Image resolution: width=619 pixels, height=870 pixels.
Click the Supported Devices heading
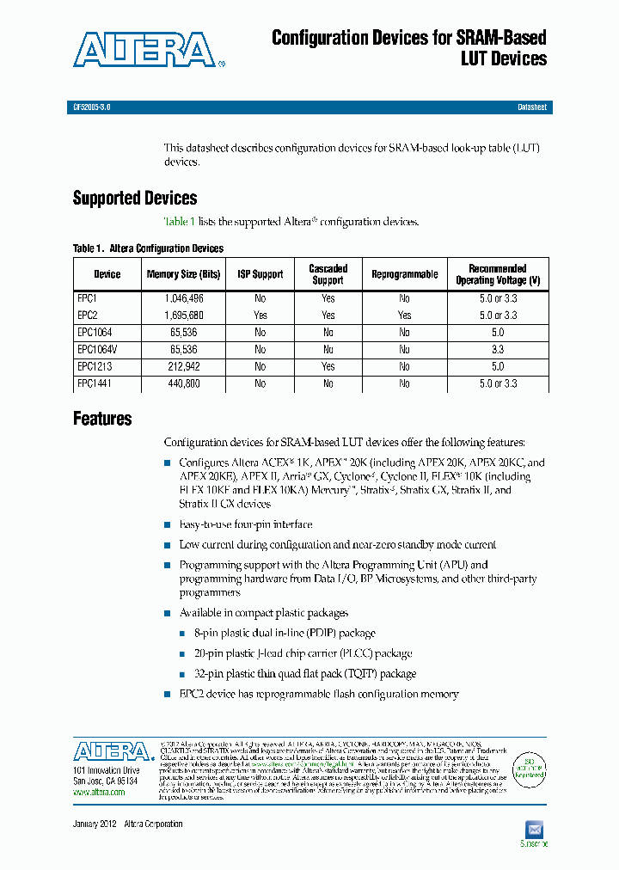[x=135, y=199]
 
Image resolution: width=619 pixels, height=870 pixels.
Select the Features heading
[x=102, y=419]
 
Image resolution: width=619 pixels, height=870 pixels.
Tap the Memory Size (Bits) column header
[x=182, y=274]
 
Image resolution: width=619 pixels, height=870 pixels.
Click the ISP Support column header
[x=260, y=274]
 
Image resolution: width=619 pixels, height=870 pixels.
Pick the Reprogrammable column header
[x=404, y=274]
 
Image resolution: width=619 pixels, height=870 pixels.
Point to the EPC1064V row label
[x=96, y=350]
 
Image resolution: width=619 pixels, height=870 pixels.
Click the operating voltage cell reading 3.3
[x=498, y=350]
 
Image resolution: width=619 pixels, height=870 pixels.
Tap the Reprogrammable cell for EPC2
[x=404, y=316]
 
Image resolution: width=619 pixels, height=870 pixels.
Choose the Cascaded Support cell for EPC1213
[x=328, y=367]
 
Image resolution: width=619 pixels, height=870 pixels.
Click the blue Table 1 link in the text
[x=180, y=222]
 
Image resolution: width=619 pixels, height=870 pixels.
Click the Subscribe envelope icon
[x=534, y=829]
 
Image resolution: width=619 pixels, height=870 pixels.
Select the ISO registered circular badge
[x=530, y=767]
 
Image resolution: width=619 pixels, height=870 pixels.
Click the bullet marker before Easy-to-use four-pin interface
[x=168, y=524]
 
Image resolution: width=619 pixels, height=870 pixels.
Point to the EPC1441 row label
[x=95, y=384]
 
